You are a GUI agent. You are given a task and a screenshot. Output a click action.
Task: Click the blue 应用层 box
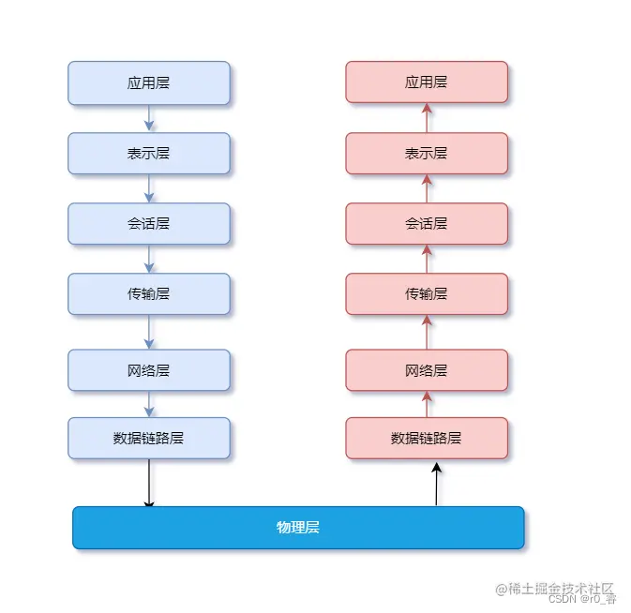[148, 82]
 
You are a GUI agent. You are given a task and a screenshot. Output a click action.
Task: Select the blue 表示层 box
[148, 153]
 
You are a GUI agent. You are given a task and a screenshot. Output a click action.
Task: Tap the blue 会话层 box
[148, 223]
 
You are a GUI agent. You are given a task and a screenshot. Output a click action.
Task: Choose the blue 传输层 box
[148, 293]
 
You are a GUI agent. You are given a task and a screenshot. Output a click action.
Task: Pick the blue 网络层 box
[148, 370]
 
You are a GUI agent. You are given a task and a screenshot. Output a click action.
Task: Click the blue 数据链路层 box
[148, 438]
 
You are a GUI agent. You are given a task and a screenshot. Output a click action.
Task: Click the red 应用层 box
[427, 82]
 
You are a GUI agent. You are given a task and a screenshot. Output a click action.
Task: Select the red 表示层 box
[427, 153]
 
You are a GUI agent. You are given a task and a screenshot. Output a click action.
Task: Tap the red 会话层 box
[427, 223]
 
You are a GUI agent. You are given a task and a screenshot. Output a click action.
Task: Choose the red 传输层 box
[427, 293]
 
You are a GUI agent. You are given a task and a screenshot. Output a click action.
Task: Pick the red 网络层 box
[427, 370]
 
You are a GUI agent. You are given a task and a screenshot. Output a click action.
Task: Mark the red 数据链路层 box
[427, 438]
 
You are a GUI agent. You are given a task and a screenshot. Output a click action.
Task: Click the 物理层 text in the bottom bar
[298, 528]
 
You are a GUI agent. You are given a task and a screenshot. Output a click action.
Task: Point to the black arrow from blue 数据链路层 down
[149, 484]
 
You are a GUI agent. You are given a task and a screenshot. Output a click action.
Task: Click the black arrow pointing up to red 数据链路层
[436, 483]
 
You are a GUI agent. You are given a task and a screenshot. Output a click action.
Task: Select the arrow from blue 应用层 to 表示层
[149, 118]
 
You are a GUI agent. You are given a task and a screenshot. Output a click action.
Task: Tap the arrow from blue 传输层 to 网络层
[149, 332]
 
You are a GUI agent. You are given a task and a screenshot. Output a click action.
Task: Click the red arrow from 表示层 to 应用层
[427, 117]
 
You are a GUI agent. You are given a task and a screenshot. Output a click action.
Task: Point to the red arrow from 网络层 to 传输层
[427, 332]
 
